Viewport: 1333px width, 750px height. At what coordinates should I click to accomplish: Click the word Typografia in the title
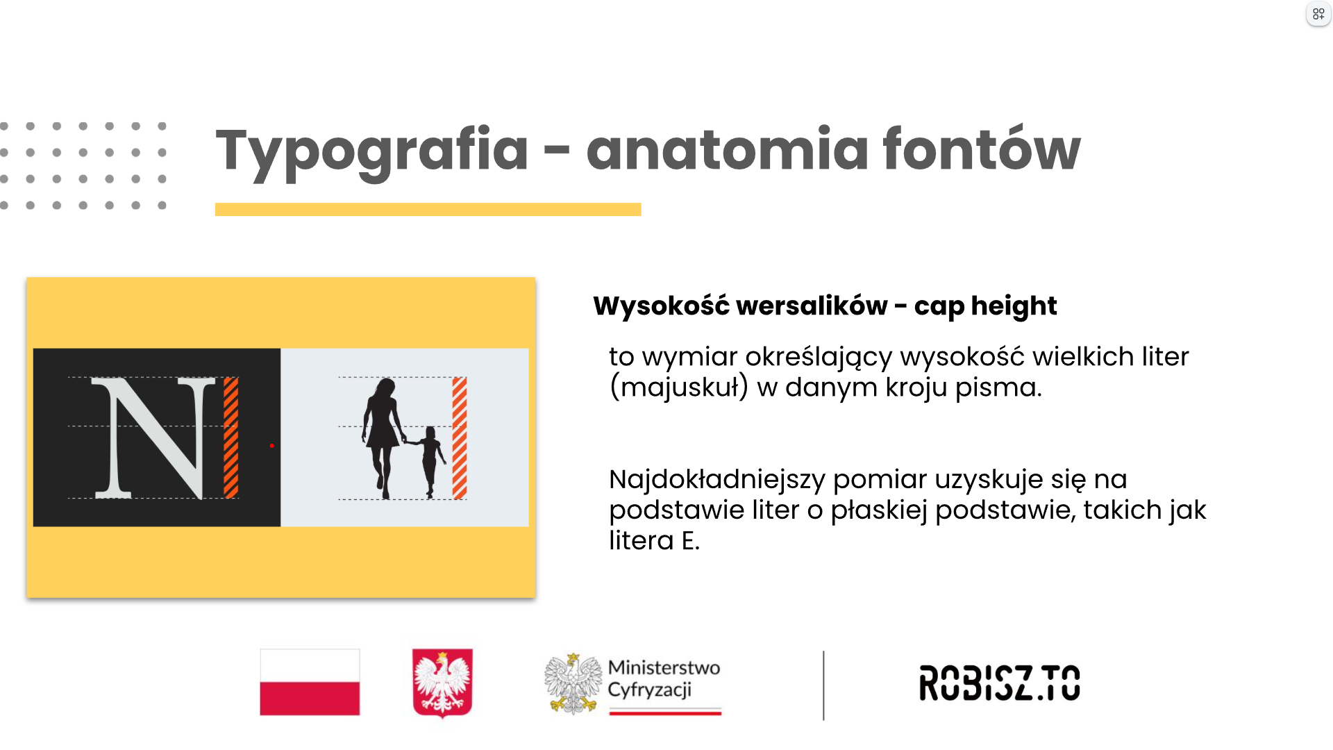click(x=372, y=151)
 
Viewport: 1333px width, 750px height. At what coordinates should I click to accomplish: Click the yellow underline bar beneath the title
click(x=428, y=209)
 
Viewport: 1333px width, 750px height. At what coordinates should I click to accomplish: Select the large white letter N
click(x=153, y=438)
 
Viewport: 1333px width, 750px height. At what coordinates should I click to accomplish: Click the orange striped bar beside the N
click(x=231, y=437)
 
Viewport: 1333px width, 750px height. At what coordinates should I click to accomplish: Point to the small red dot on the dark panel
click(x=271, y=446)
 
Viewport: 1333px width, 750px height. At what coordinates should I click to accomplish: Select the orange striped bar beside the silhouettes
click(x=460, y=438)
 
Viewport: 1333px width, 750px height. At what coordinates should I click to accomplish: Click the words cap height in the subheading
click(x=985, y=306)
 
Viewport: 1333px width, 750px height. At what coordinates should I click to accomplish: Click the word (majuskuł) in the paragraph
click(x=679, y=387)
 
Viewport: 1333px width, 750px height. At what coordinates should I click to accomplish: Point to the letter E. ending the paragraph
click(x=690, y=540)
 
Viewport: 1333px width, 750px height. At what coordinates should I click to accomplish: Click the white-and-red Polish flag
click(x=310, y=682)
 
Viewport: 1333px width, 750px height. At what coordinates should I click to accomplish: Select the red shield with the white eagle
click(x=442, y=683)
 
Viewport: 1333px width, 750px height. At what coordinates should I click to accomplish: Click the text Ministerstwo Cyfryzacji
click(x=664, y=678)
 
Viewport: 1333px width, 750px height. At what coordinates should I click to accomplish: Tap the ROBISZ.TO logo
click(x=1000, y=683)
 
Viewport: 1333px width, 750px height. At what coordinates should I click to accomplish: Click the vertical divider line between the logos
click(x=823, y=685)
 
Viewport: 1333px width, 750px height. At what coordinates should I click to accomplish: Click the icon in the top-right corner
click(x=1318, y=14)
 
